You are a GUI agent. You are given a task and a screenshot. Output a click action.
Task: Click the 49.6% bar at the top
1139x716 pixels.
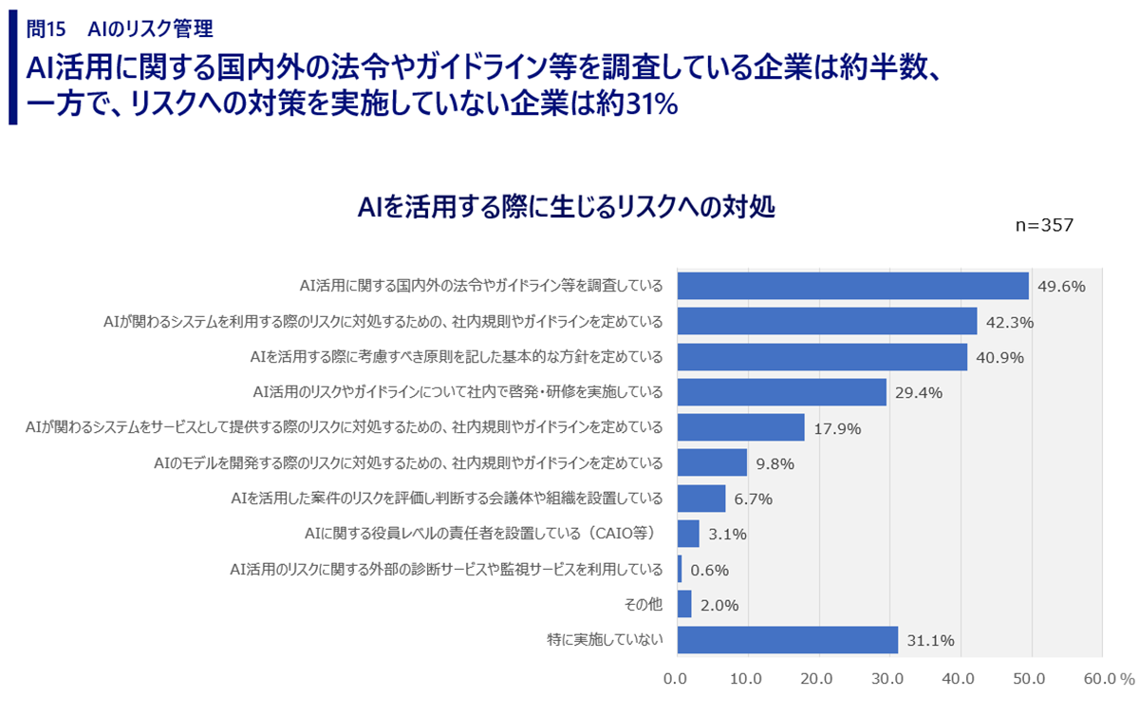tap(852, 286)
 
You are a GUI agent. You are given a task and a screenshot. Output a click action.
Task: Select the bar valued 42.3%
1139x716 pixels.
tap(827, 321)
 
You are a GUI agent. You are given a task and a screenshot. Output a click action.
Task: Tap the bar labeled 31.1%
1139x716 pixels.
tap(787, 640)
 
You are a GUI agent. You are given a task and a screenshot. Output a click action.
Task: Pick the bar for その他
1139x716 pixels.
tap(684, 604)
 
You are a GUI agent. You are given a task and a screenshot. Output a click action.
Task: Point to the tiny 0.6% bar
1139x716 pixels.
tap(680, 569)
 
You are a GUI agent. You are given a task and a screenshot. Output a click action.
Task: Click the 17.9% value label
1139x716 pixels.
tap(836, 428)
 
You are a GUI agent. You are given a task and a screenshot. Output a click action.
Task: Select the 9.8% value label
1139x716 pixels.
tap(775, 463)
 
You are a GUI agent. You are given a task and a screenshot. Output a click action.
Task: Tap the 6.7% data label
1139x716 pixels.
tap(754, 499)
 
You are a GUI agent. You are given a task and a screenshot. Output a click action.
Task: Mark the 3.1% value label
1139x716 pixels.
tap(727, 534)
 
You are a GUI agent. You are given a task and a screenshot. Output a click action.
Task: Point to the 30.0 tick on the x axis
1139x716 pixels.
tap(887, 679)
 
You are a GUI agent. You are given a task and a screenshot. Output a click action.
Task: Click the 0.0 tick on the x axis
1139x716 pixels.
tap(676, 679)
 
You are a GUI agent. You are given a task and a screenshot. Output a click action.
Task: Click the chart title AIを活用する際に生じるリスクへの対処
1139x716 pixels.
tap(567, 207)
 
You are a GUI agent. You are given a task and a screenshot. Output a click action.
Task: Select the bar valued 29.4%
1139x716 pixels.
tap(781, 392)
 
